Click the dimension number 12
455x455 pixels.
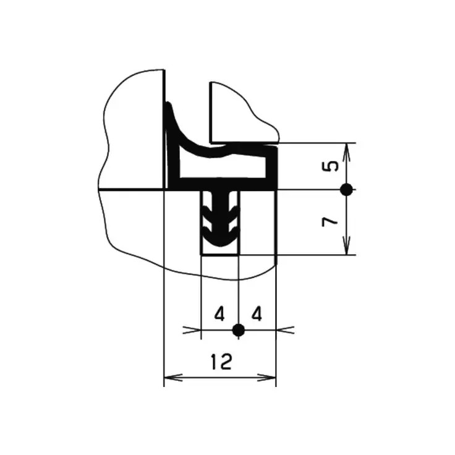[221, 362]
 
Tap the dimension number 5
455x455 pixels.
[331, 166]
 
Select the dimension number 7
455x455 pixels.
[330, 222]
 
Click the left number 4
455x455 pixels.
[219, 314]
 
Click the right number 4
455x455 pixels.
[257, 314]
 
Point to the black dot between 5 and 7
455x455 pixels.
[346, 190]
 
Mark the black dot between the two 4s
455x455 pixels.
[239, 330]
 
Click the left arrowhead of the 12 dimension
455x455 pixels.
[173, 378]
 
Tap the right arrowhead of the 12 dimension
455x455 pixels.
[266, 378]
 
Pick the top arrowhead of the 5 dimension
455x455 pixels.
[347, 152]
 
